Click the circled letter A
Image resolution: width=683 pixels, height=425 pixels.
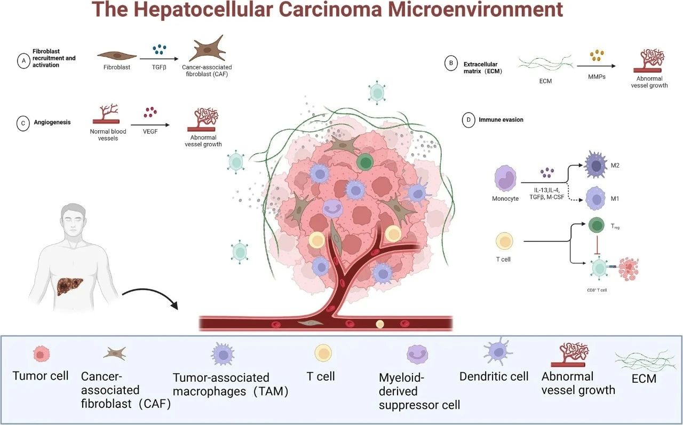click(x=23, y=61)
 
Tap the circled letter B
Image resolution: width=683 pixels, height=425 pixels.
click(x=451, y=64)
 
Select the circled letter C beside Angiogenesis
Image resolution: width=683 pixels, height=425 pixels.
click(x=23, y=123)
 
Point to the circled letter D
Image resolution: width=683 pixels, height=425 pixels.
click(x=468, y=120)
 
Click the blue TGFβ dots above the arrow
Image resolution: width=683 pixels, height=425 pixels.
click(x=159, y=50)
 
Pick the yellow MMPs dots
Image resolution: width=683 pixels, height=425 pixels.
click(x=597, y=55)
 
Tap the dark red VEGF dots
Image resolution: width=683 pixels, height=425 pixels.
click(x=150, y=112)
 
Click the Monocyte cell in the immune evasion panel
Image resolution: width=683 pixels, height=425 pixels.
click(x=505, y=179)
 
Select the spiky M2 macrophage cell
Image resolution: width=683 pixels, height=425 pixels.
click(x=596, y=165)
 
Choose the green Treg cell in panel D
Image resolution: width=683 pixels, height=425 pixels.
click(x=596, y=226)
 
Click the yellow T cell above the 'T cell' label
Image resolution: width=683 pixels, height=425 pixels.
click(x=505, y=241)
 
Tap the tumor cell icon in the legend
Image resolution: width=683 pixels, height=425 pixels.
click(x=41, y=354)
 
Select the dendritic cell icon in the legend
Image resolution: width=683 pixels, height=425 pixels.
click(x=498, y=351)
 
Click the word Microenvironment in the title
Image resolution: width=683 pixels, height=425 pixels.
click(x=475, y=9)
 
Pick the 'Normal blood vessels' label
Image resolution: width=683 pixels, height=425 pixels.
click(x=108, y=135)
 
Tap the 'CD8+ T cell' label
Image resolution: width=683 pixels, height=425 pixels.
click(x=597, y=290)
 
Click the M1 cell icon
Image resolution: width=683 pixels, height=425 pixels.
click(x=596, y=198)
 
